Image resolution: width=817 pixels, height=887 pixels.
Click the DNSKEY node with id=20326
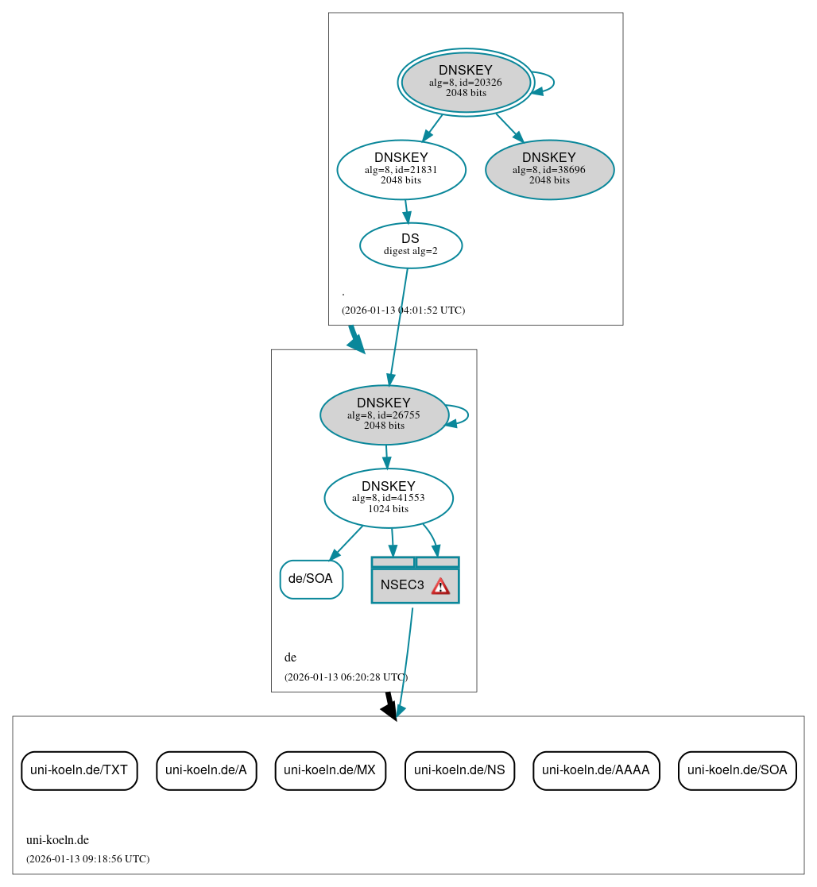(x=466, y=82)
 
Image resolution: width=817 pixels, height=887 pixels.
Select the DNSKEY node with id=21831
(x=401, y=169)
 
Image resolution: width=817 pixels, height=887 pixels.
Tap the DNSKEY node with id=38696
(x=549, y=169)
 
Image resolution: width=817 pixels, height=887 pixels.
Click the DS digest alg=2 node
(x=411, y=245)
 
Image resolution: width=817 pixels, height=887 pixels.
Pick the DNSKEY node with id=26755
(x=384, y=415)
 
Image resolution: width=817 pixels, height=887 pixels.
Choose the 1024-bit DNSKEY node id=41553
(x=389, y=498)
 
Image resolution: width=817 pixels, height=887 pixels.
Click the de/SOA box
(x=311, y=579)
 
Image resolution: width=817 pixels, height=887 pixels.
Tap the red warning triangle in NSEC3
(x=440, y=586)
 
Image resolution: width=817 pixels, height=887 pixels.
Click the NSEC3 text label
(x=402, y=585)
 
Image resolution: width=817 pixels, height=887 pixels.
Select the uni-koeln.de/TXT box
(x=79, y=770)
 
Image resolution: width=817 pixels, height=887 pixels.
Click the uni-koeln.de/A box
(x=206, y=770)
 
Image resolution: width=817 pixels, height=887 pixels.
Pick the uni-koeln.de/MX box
(x=330, y=770)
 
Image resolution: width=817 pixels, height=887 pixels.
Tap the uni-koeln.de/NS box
(x=459, y=770)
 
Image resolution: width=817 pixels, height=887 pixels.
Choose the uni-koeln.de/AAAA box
(x=596, y=770)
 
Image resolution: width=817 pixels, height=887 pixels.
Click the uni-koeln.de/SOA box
(x=737, y=770)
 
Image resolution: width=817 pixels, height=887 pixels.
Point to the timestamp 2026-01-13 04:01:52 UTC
(x=403, y=310)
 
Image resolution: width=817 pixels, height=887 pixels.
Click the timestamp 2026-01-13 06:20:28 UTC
(x=346, y=677)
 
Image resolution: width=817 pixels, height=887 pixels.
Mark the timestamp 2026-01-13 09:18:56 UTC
(x=87, y=859)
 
